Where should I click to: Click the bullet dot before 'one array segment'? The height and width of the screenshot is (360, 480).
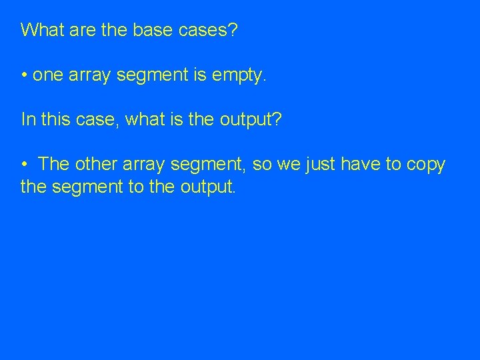tap(23, 75)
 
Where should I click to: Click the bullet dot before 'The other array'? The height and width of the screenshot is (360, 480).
tap(23, 165)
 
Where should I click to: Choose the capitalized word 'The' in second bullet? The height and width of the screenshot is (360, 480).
tap(54, 165)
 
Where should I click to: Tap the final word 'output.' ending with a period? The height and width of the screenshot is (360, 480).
tap(208, 187)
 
